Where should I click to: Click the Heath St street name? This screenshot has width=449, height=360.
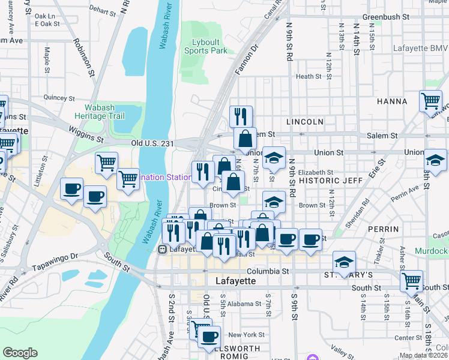[x=309, y=76]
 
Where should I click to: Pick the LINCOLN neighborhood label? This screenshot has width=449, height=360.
[x=305, y=122]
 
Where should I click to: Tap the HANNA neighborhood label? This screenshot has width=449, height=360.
[x=392, y=101]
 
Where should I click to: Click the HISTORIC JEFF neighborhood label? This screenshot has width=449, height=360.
[x=324, y=180]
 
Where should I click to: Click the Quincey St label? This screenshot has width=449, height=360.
[x=58, y=97]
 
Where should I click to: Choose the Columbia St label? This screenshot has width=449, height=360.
[x=262, y=271]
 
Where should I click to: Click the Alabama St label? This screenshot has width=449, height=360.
[x=244, y=304]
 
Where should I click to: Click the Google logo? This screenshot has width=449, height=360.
[x=20, y=353]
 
